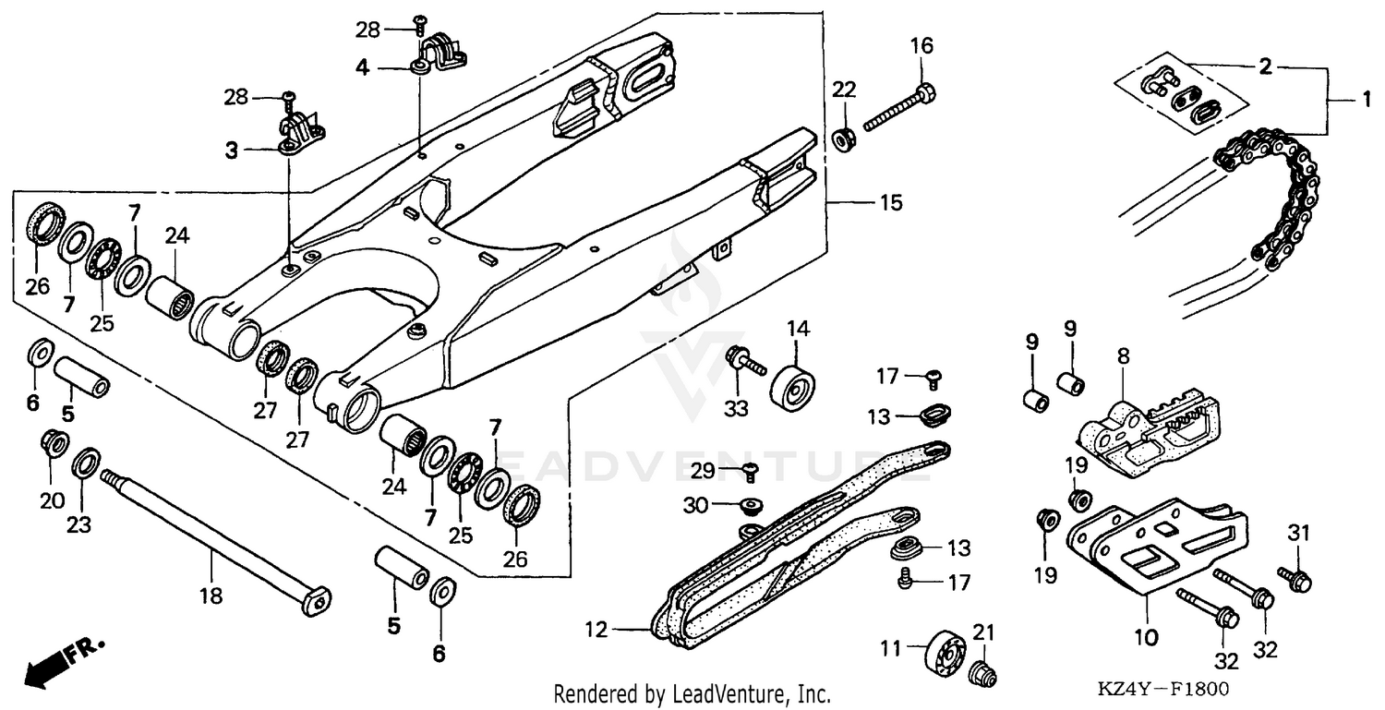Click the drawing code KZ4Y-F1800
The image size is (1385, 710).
[x=1165, y=690]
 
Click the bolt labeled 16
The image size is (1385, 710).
[x=900, y=109]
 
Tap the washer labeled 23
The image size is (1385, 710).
[x=86, y=461]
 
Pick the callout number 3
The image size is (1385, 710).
[x=232, y=150]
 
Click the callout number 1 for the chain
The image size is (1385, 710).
[x=1365, y=98]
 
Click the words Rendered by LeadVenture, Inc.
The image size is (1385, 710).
[x=692, y=694]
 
